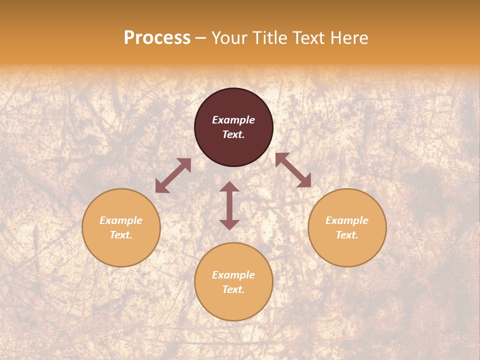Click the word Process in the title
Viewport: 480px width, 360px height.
click(157, 38)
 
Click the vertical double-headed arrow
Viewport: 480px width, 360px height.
click(229, 205)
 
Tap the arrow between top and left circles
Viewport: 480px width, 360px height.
click(173, 175)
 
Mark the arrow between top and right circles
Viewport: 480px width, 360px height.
click(293, 170)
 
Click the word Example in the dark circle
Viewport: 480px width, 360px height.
click(233, 120)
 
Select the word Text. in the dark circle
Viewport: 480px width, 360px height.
click(233, 134)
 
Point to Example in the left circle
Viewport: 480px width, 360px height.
click(121, 220)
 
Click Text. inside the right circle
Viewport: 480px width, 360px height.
click(347, 235)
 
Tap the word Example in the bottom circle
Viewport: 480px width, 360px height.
click(233, 275)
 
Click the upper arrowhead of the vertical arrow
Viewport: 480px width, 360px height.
click(229, 187)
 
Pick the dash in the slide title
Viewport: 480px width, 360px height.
click(201, 38)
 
